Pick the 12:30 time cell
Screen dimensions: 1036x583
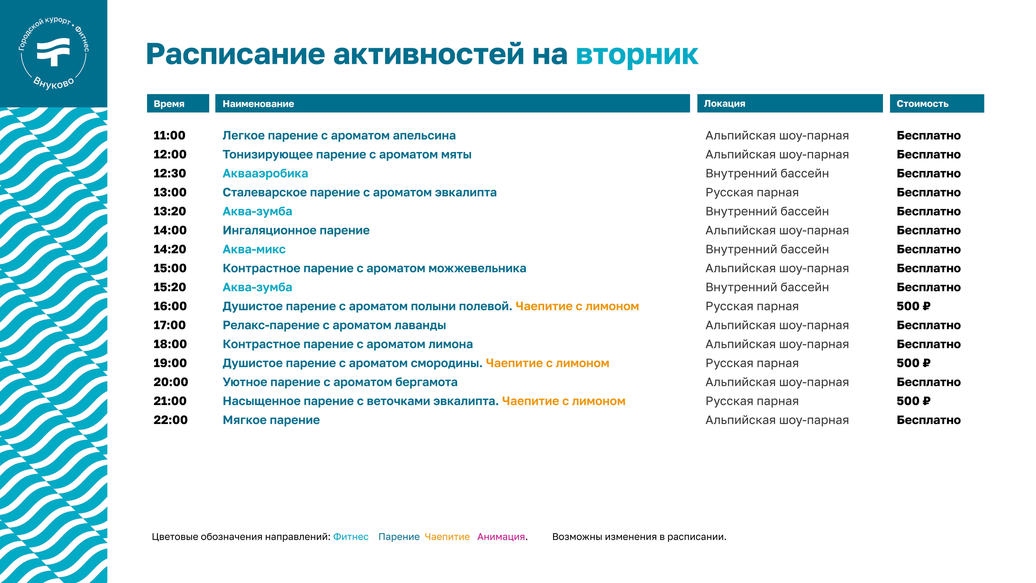point(170,173)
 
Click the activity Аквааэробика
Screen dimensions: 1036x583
point(265,173)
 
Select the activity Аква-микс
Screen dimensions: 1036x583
point(254,249)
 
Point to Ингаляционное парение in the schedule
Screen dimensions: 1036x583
point(296,231)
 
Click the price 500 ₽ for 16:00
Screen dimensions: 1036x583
point(913,306)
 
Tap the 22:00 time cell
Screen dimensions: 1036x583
point(171,420)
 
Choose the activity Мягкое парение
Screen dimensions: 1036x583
point(271,420)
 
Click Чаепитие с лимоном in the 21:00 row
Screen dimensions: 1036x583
point(563,401)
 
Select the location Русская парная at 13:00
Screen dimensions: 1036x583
point(752,192)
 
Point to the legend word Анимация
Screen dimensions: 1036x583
point(501,537)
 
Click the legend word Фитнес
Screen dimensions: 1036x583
point(351,537)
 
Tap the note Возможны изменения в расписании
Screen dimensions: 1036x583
point(639,537)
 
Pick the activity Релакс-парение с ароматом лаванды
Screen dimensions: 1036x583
point(334,325)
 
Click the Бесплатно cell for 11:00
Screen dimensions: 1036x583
point(929,136)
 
